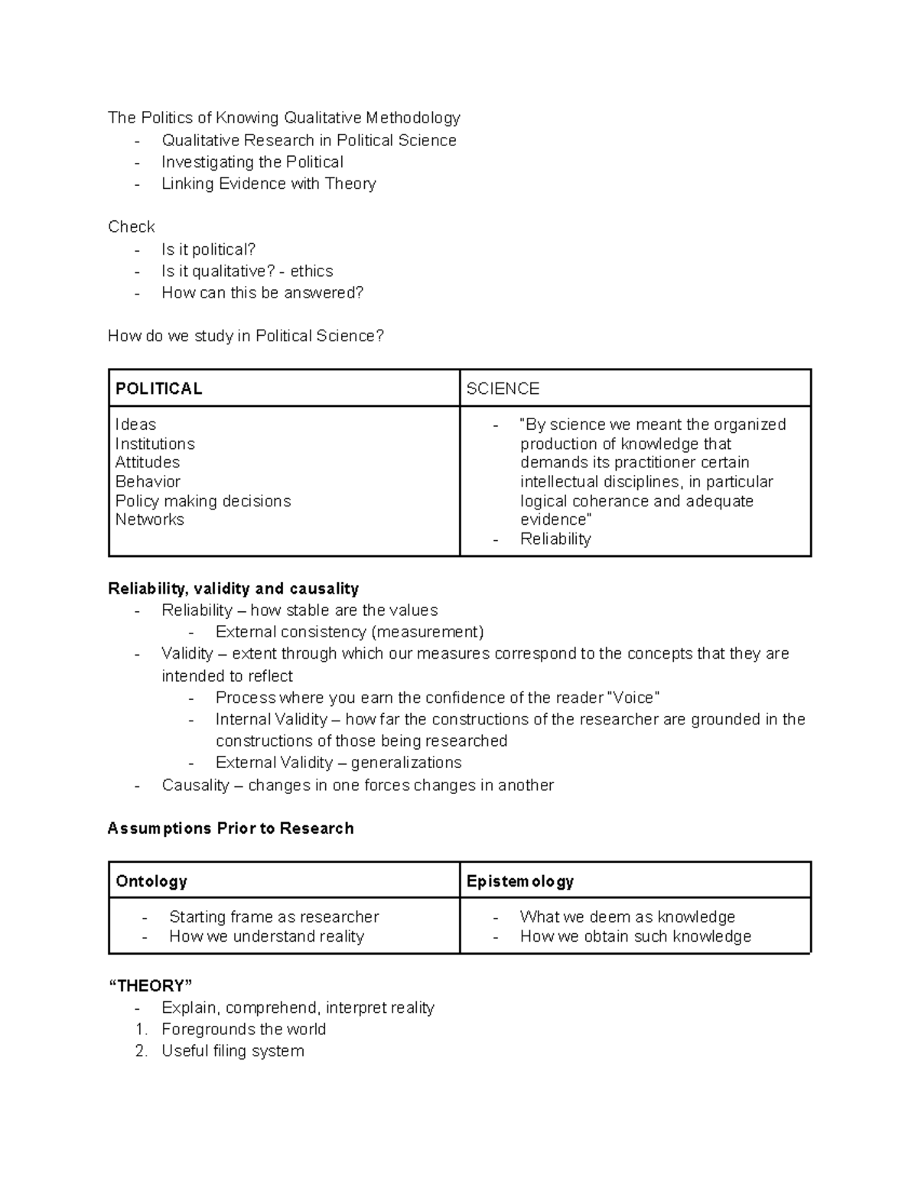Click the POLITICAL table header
[158, 389]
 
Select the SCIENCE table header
[503, 389]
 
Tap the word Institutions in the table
[155, 444]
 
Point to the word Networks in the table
[149, 519]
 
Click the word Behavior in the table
[148, 481]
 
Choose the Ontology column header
[151, 881]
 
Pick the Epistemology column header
[519, 881]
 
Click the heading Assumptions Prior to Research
[230, 828]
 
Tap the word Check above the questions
[131, 226]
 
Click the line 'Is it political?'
[208, 249]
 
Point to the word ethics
[311, 271]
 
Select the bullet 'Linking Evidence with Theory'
[269, 184]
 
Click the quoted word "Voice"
[632, 698]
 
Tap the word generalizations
[406, 763]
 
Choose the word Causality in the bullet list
[195, 785]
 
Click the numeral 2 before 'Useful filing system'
[140, 1051]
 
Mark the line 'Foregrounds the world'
[243, 1029]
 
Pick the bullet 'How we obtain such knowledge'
[635, 936]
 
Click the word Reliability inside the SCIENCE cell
[555, 539]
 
